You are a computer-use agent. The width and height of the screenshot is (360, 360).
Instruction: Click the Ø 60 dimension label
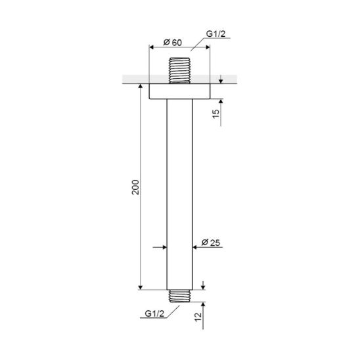pyautogui.click(x=173, y=43)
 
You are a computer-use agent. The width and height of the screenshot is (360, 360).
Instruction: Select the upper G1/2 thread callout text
pyautogui.click(x=216, y=34)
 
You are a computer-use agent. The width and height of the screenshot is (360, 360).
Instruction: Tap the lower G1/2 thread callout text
pyautogui.click(x=154, y=313)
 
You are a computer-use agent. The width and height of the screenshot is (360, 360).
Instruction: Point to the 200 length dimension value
pyautogui.click(x=135, y=187)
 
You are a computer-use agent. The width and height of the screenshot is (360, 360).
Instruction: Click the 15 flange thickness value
pyautogui.click(x=216, y=114)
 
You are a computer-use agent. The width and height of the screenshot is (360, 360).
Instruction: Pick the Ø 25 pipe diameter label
pyautogui.click(x=210, y=242)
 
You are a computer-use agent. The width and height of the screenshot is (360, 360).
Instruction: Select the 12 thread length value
pyautogui.click(x=198, y=317)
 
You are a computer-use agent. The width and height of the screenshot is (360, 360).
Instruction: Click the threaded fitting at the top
pyautogui.click(x=179, y=70)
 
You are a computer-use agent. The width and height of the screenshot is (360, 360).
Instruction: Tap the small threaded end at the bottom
pyautogui.click(x=179, y=296)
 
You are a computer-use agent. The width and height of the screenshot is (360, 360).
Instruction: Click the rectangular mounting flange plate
pyautogui.click(x=179, y=91)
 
